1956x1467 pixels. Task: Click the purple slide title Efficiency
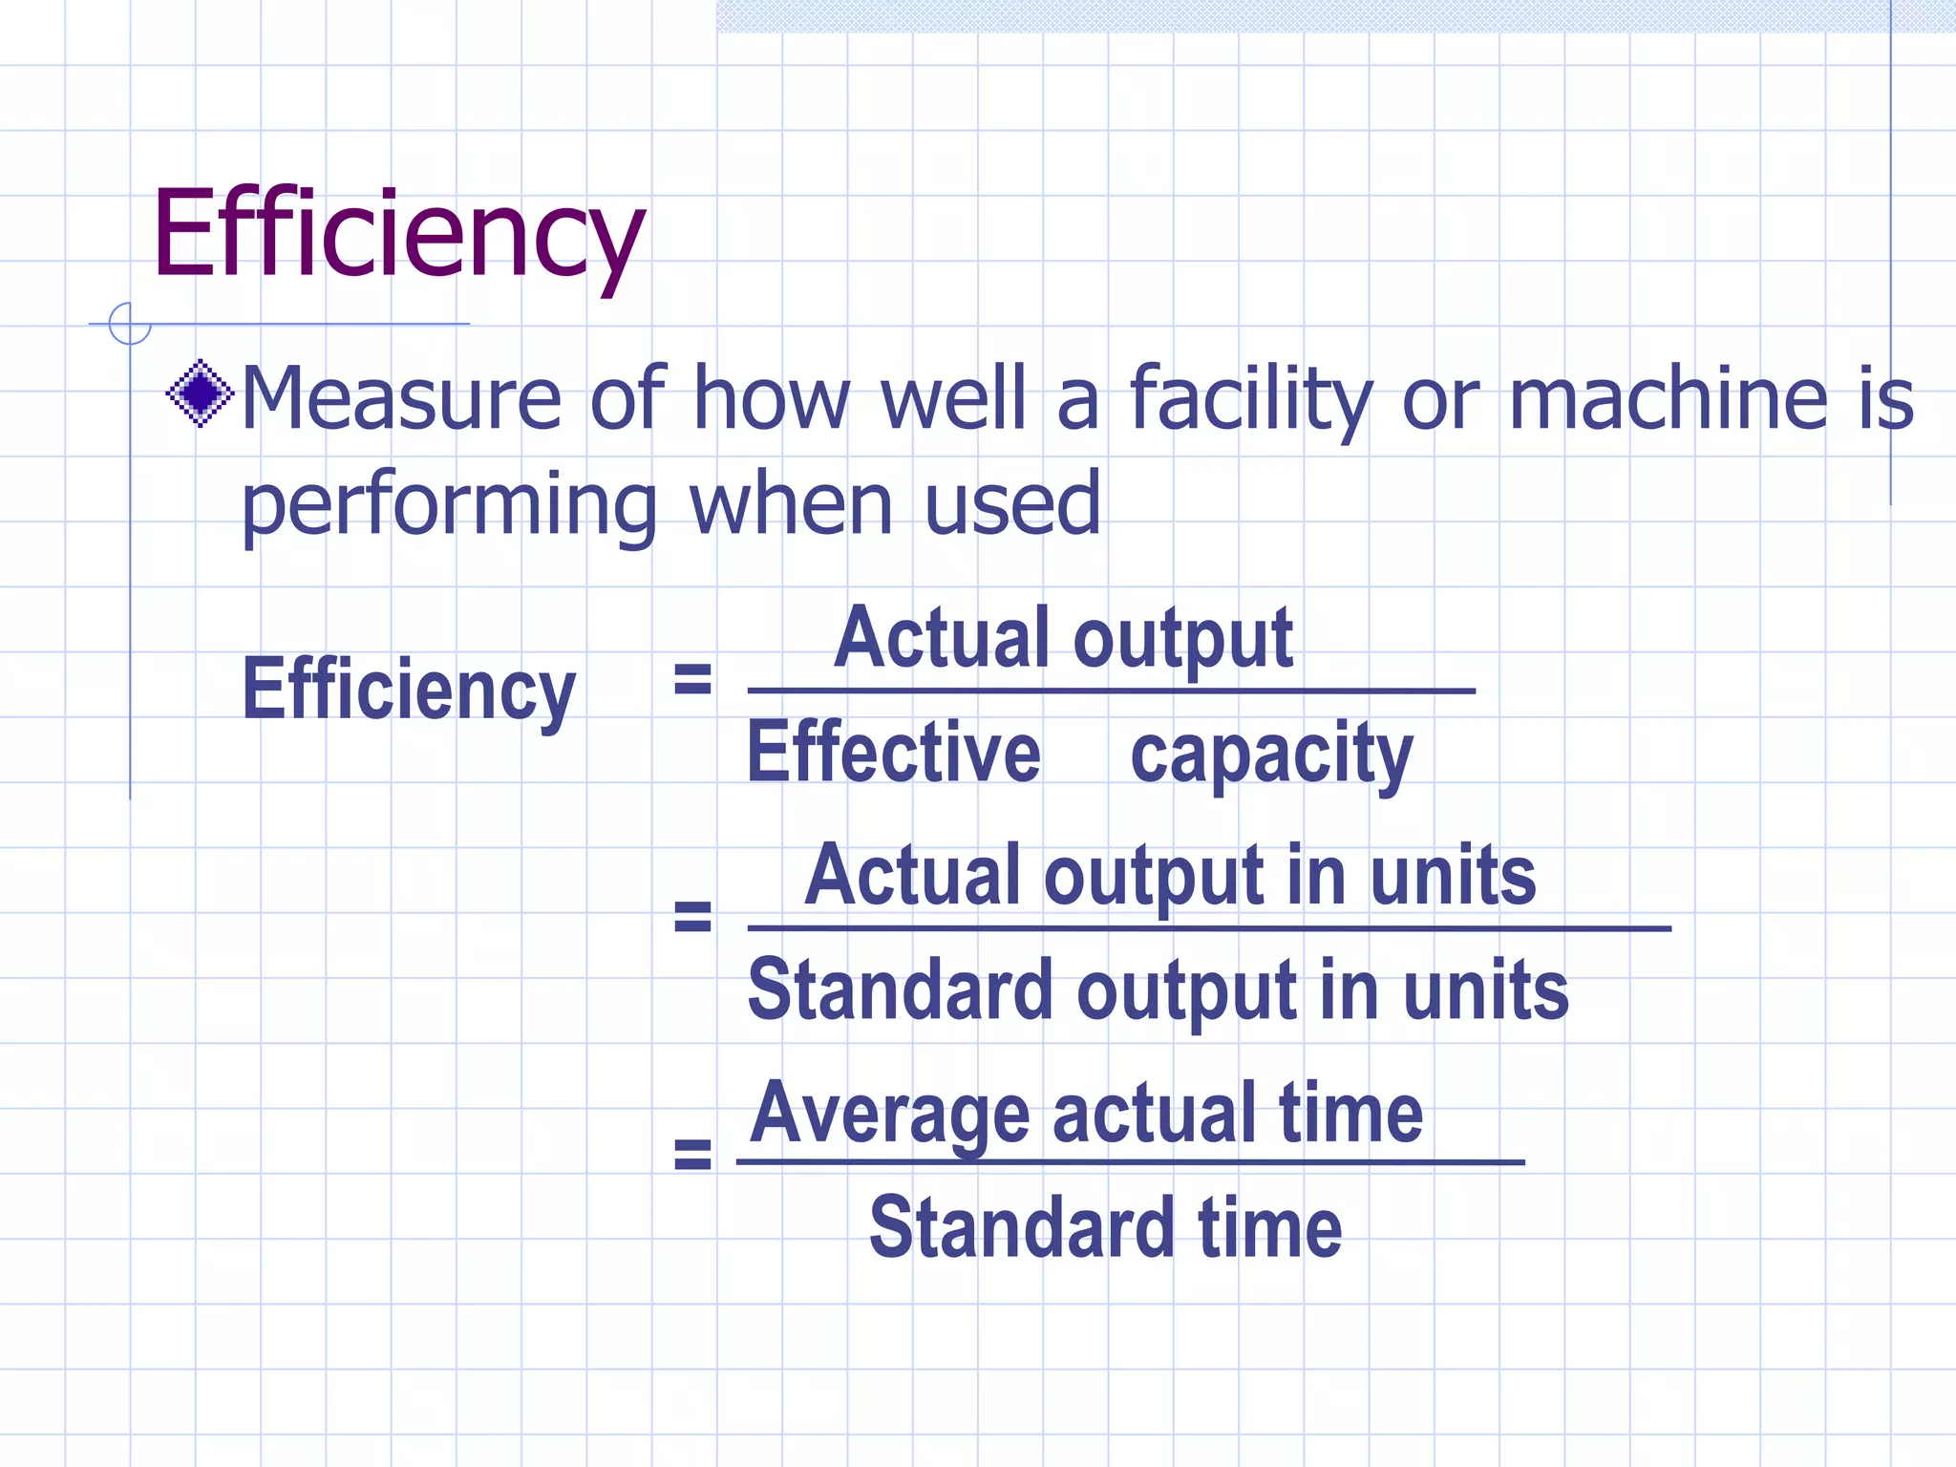(x=398, y=235)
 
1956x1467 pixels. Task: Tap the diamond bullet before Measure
(x=201, y=393)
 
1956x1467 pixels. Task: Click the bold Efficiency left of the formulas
(x=409, y=690)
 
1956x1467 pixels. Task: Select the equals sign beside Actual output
(x=692, y=679)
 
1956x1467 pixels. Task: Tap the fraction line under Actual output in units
(x=1208, y=927)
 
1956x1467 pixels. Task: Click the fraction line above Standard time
(x=1130, y=1162)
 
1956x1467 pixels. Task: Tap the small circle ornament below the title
(x=129, y=323)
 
